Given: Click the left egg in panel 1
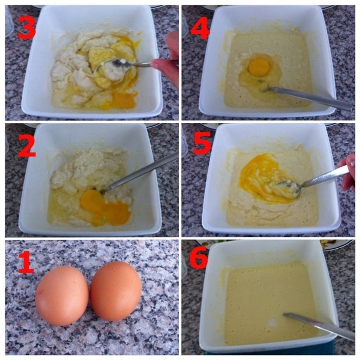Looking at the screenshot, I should coord(62,295).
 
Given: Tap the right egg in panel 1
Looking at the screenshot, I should coord(116,291).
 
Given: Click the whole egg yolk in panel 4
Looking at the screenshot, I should coord(259,67).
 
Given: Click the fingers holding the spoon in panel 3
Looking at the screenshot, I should coord(165,66).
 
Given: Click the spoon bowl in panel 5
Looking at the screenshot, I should coord(288,187).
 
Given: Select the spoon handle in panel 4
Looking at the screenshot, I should coord(312,97).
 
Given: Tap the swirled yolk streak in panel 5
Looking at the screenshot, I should coord(257,176).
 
